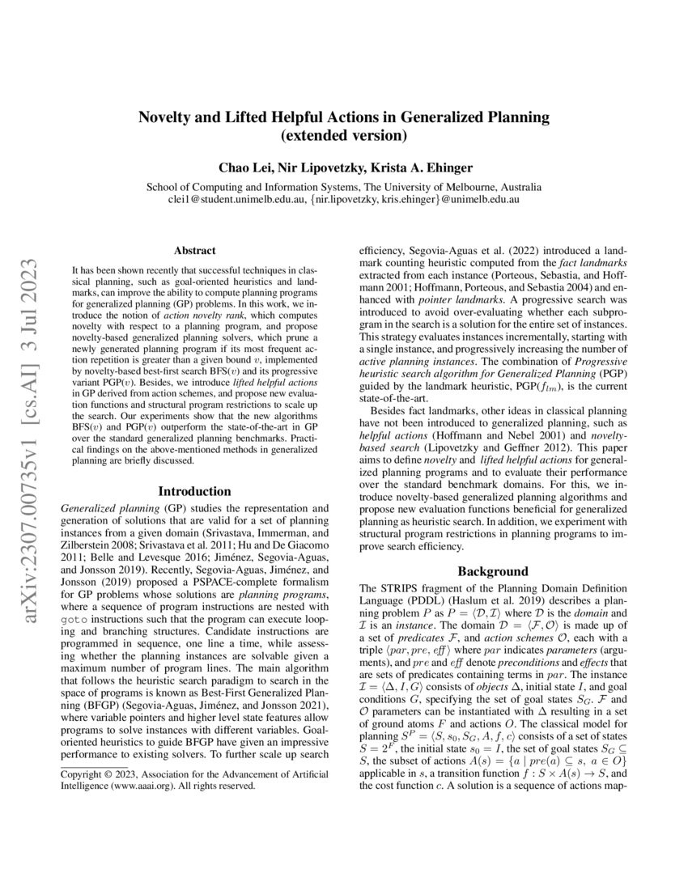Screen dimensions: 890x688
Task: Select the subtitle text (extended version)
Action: tap(344, 135)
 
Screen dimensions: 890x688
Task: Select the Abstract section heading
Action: tap(194, 252)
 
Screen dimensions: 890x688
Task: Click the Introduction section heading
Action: tap(194, 491)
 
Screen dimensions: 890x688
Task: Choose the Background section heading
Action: tap(493, 571)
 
